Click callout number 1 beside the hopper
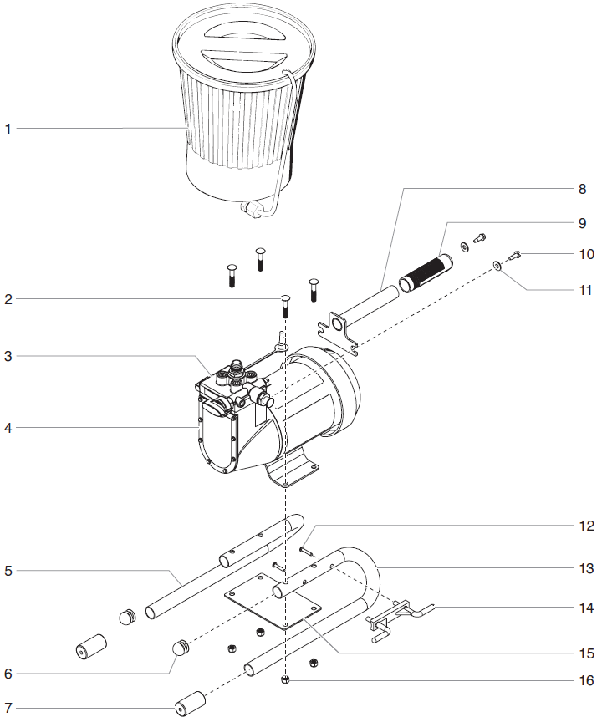click(x=8, y=129)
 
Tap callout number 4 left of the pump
click(x=8, y=428)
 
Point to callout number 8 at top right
click(x=584, y=189)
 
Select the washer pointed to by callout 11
click(x=497, y=265)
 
